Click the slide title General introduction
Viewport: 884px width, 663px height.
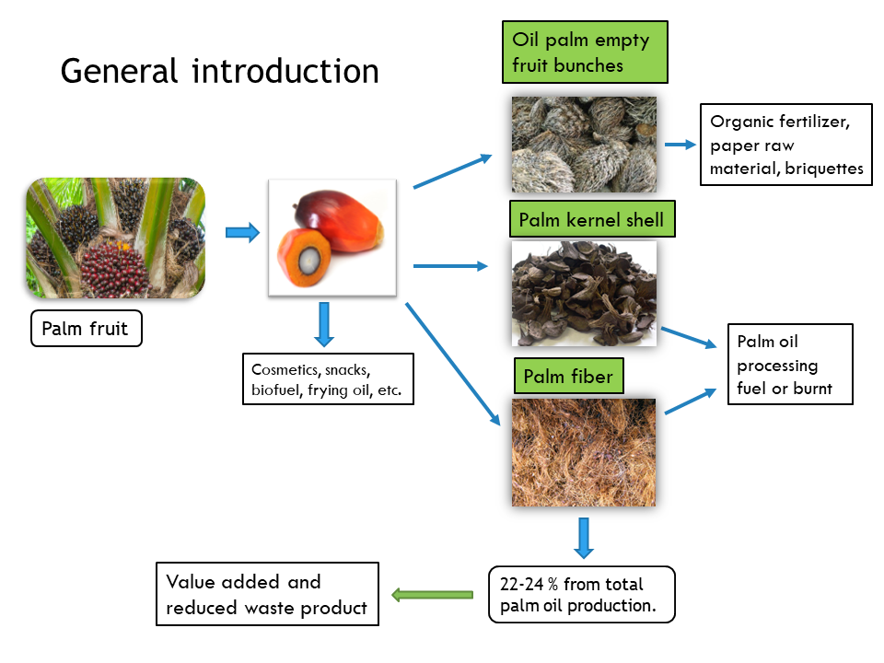[x=219, y=71]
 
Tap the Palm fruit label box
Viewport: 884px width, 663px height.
[x=87, y=329]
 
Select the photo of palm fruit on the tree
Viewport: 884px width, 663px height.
[x=115, y=238]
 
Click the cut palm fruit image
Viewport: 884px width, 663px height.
[x=332, y=238]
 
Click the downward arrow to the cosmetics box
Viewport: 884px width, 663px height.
[x=322, y=324]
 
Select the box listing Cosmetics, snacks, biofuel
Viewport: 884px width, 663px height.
[x=327, y=378]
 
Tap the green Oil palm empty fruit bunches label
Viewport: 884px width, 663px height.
[x=584, y=52]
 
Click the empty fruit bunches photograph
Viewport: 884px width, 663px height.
[x=584, y=145]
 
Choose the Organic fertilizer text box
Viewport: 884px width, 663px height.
[x=785, y=145]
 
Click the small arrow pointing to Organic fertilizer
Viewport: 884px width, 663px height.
[x=680, y=145]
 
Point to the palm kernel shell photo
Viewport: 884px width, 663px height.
[x=584, y=293]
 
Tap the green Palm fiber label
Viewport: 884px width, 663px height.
[x=568, y=376]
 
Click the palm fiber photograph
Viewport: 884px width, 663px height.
[x=584, y=452]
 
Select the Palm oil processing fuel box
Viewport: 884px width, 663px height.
[x=789, y=364]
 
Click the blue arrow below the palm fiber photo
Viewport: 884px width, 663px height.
[x=583, y=538]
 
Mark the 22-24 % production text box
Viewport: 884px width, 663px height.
[x=581, y=594]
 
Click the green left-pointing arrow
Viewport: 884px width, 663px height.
[x=432, y=595]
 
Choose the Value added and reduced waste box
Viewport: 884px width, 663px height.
[x=267, y=594]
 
